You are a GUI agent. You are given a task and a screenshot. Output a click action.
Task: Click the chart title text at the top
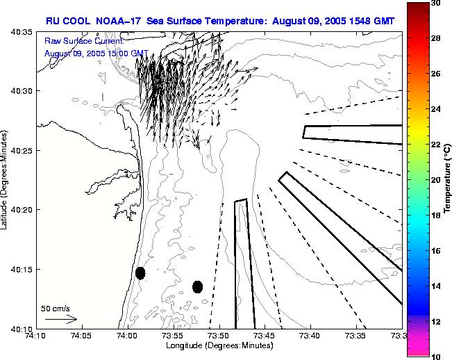point(220,21)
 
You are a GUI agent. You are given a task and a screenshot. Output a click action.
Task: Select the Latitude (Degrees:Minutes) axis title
point(6,179)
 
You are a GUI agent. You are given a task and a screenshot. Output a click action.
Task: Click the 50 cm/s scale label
point(56,308)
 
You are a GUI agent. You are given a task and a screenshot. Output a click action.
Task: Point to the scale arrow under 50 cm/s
point(60,319)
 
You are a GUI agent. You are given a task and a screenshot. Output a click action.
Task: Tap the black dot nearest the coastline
point(140,273)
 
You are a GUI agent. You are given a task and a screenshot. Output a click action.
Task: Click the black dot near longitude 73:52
point(197,286)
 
